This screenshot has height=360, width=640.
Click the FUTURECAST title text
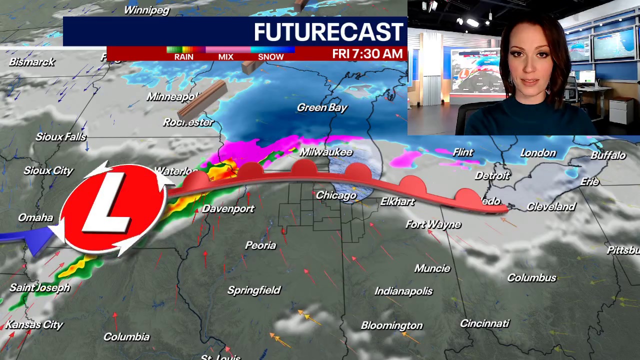[328, 32]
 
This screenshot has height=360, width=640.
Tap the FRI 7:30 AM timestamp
[367, 54]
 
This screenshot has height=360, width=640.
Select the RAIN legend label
[183, 57]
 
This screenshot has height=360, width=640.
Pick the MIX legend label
[225, 57]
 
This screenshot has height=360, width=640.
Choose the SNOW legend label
[270, 57]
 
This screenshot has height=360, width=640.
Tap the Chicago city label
[336, 195]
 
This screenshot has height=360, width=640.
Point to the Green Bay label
[322, 107]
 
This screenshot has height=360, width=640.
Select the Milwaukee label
[326, 152]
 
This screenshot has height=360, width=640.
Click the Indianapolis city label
[403, 291]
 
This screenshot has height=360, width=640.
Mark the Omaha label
[35, 217]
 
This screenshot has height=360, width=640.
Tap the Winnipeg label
[146, 10]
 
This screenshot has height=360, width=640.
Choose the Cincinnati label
[484, 323]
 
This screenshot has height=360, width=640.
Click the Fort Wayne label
[433, 224]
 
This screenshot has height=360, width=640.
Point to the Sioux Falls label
[61, 137]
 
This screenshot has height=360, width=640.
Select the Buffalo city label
[608, 155]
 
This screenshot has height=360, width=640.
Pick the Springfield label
[254, 290]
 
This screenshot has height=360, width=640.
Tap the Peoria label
[260, 245]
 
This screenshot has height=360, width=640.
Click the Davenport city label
[228, 209]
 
